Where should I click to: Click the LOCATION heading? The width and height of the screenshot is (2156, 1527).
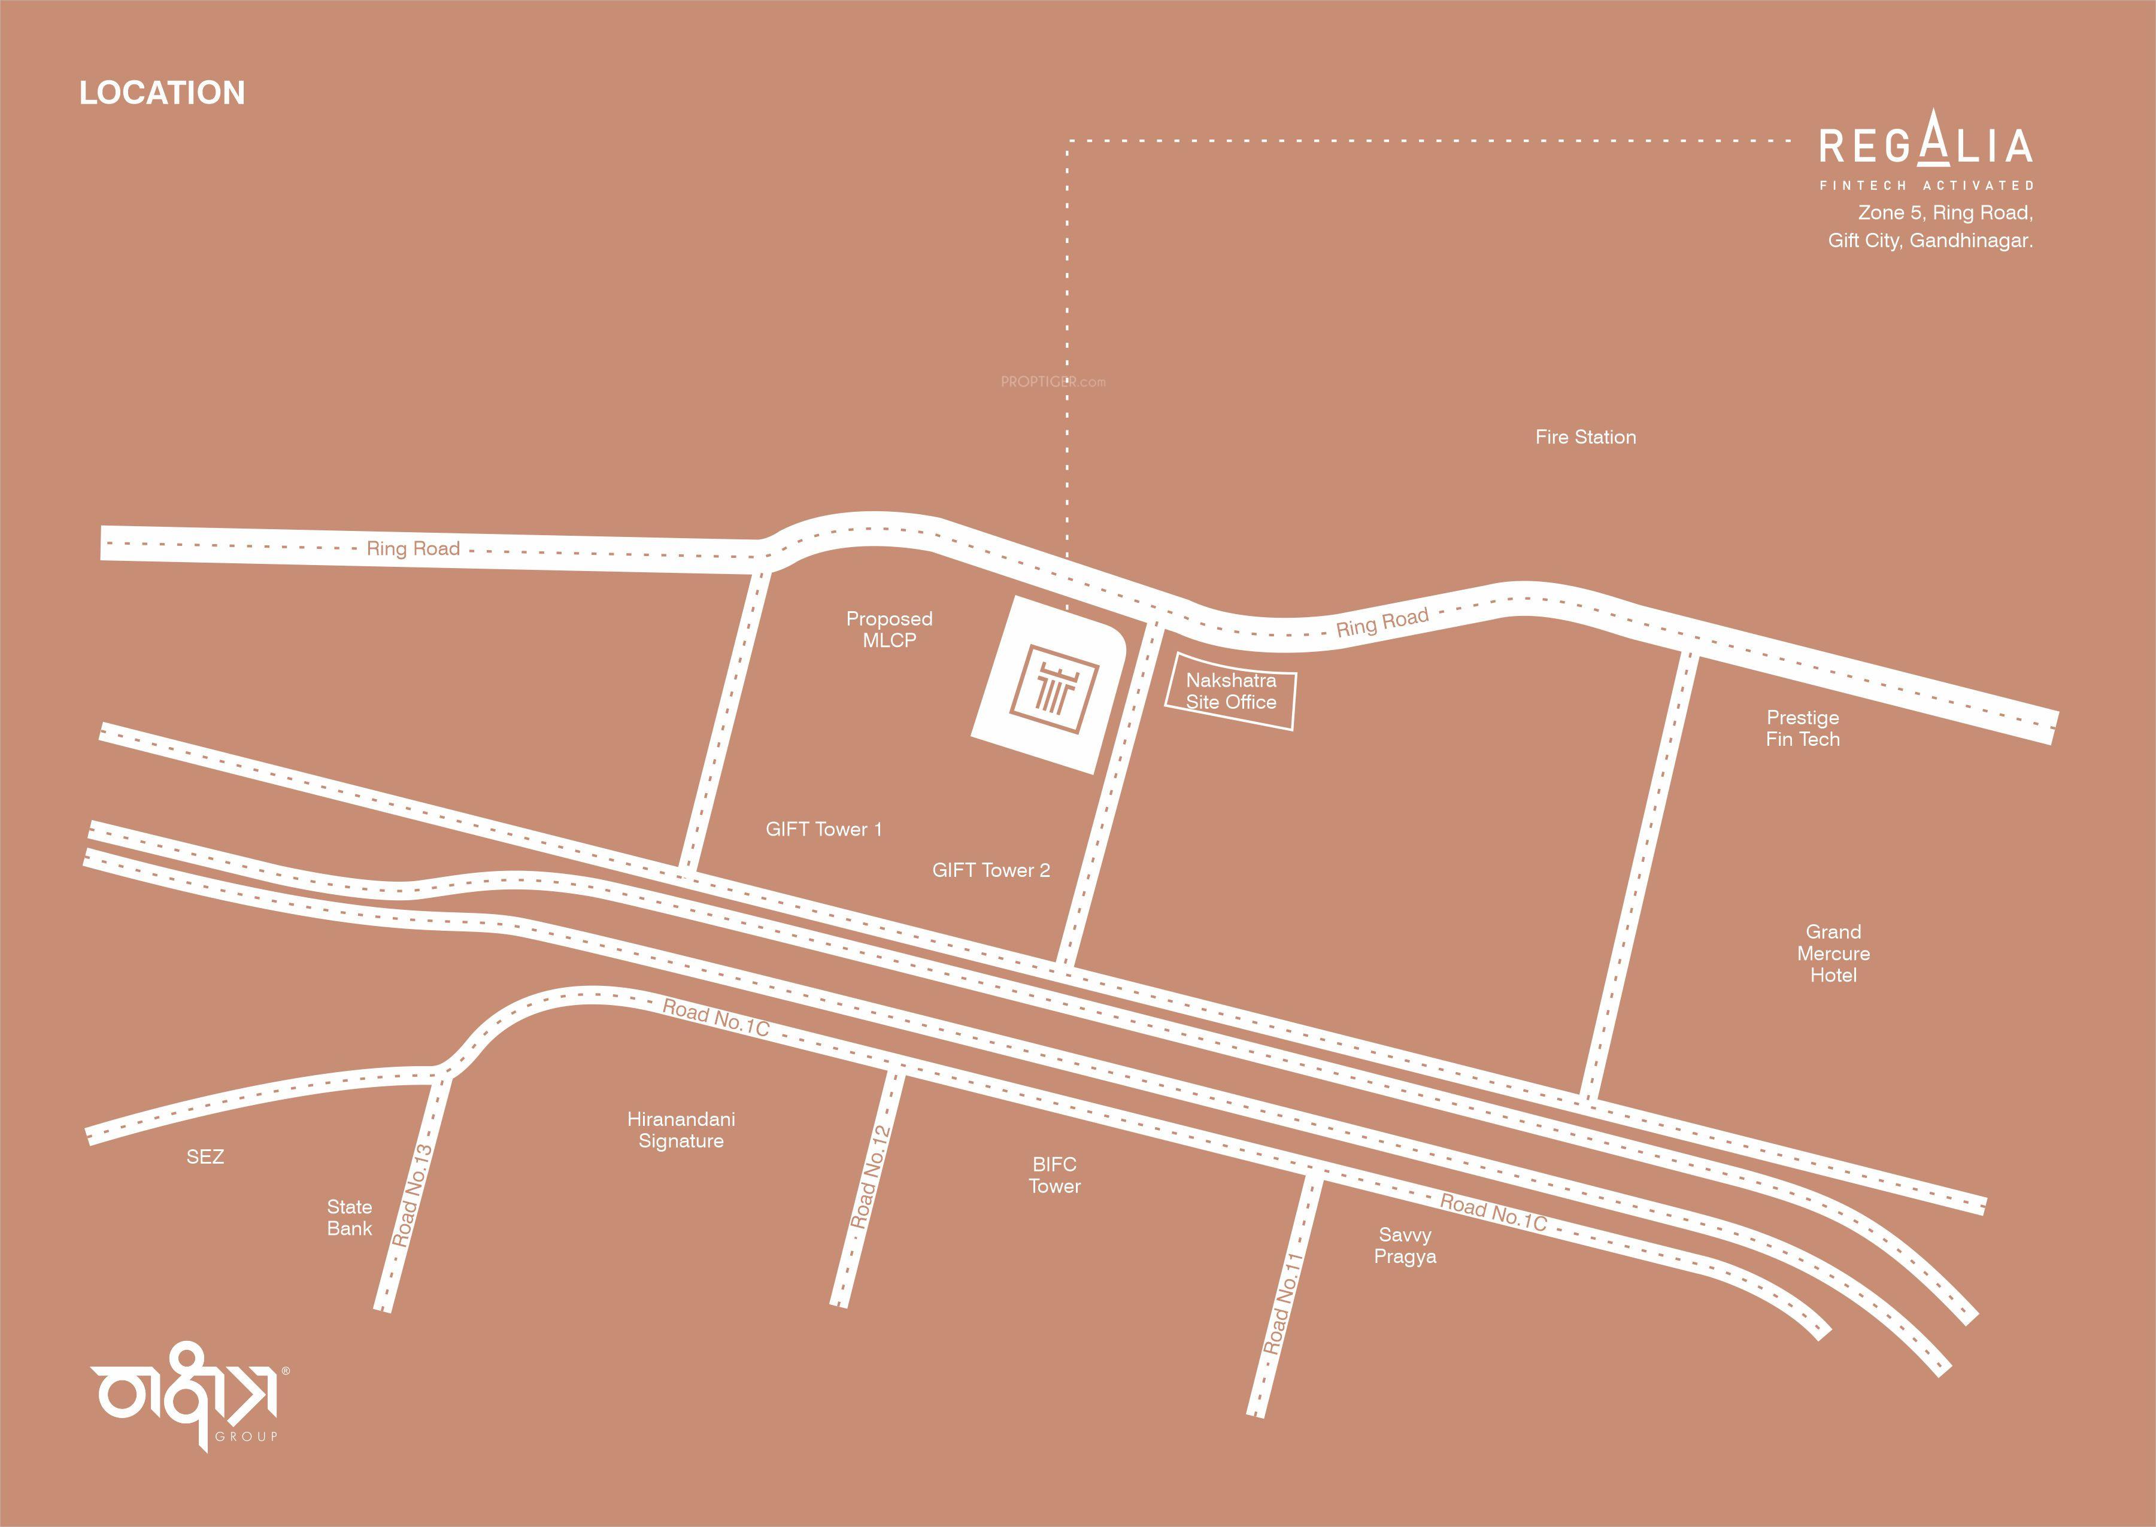pos(162,93)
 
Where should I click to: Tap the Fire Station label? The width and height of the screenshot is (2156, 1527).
pos(1585,437)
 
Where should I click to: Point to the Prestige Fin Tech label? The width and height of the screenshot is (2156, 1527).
pos(1803,728)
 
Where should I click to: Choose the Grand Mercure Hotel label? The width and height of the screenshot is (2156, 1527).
pos(1833,954)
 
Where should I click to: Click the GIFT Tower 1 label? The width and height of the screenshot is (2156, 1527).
pos(824,829)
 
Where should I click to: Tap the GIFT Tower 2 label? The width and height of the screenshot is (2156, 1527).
pos(991,871)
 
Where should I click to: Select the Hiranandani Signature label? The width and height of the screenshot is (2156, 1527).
pos(681,1130)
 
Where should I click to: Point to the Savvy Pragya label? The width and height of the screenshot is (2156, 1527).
pos(1405,1246)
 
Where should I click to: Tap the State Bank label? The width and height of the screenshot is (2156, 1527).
pos(350,1218)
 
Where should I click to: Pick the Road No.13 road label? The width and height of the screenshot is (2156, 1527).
pos(412,1195)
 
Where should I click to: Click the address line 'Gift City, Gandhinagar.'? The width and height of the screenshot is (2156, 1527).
pos(1930,241)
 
